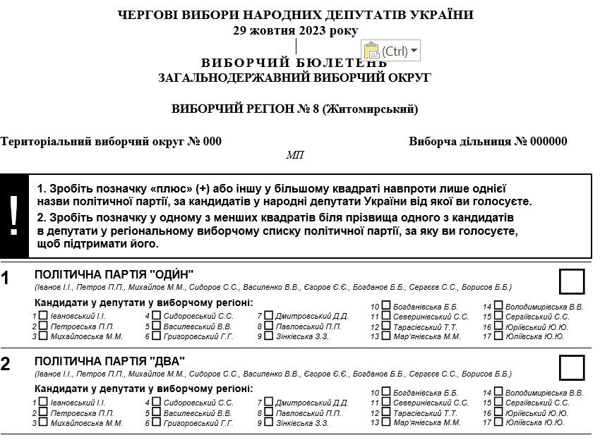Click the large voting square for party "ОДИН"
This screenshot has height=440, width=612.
tap(572, 281)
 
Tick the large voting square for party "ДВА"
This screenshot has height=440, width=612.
tap(572, 367)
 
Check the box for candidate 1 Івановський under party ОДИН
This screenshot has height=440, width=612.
tap(43, 316)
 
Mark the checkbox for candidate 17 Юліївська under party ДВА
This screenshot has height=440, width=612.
tap(498, 422)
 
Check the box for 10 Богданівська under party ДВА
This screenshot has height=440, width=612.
tap(386, 391)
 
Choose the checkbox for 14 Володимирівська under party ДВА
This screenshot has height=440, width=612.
tap(498, 391)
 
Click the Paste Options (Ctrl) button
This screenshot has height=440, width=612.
tap(390, 51)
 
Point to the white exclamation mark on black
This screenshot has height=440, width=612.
tap(13, 216)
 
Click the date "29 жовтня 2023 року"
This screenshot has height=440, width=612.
tap(295, 30)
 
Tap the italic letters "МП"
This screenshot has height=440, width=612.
tap(294, 155)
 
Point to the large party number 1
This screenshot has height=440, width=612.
tap(6, 278)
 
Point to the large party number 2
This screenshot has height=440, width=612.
tap(6, 365)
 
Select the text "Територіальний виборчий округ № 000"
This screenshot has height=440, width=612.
tap(111, 141)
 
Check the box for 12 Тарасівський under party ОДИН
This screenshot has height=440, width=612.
tap(386, 326)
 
